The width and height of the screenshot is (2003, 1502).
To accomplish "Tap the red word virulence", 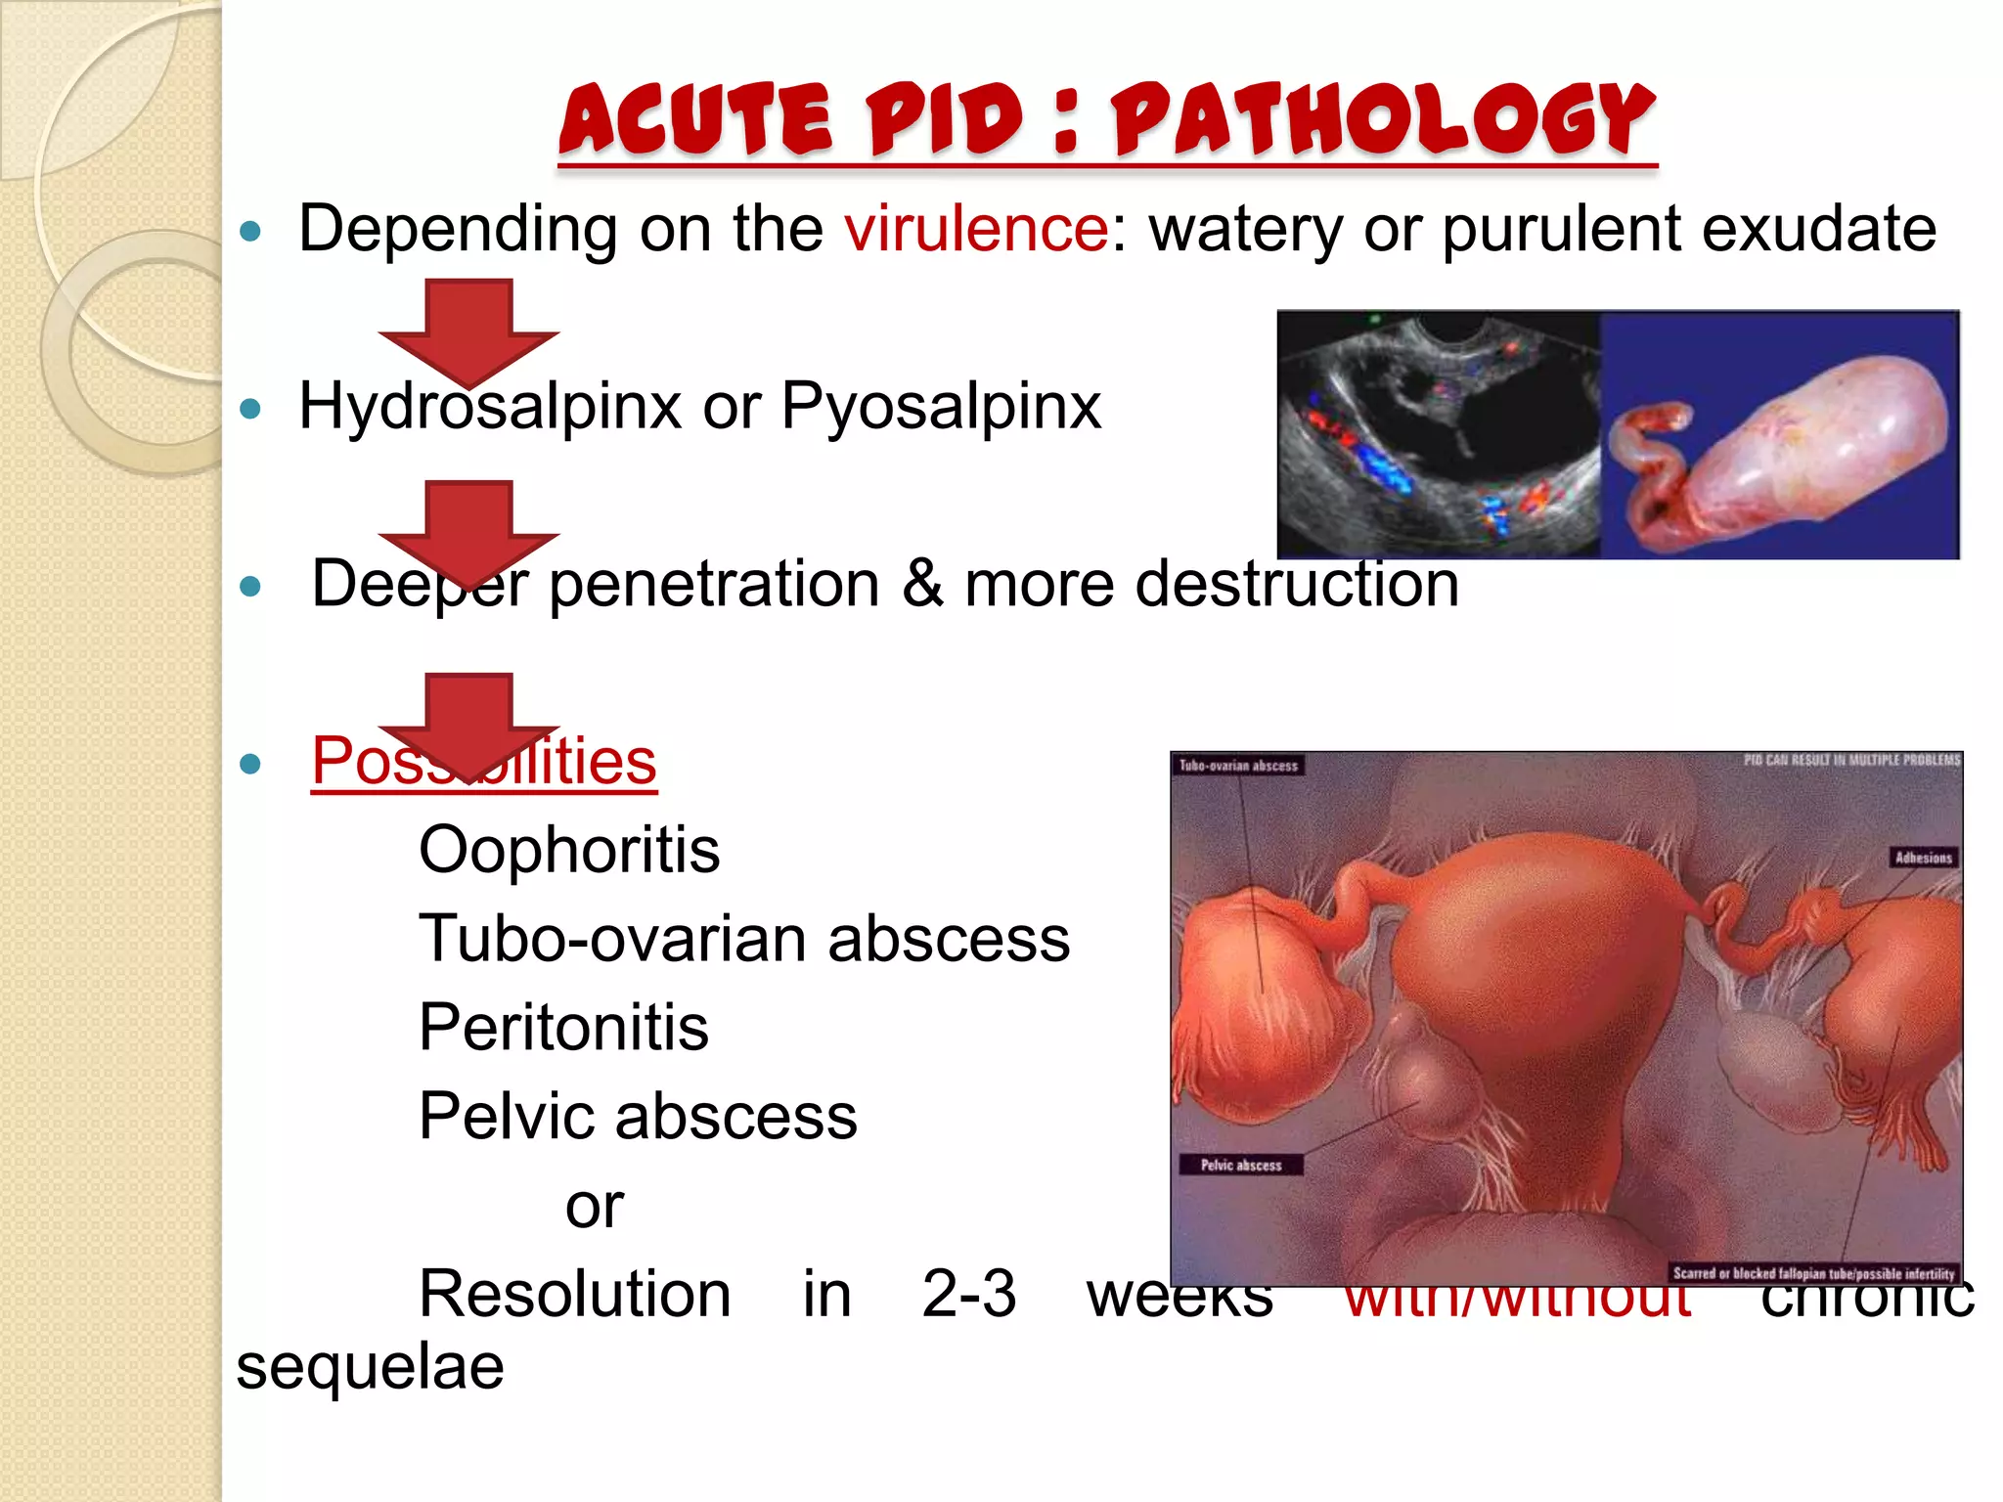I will click(x=976, y=230).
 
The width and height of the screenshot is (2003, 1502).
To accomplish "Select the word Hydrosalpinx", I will click(x=489, y=407).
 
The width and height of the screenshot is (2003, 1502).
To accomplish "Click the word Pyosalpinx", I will click(x=941, y=407).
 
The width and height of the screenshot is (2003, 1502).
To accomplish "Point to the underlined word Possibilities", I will click(x=483, y=762).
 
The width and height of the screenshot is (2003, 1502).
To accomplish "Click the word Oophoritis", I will click(x=569, y=850).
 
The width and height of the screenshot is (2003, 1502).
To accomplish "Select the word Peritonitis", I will click(x=563, y=1028).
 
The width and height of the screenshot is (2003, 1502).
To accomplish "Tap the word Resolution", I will click(x=575, y=1295).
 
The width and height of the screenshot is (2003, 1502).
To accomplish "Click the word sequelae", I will click(x=370, y=1367).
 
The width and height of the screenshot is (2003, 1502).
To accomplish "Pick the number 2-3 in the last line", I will click(x=968, y=1295).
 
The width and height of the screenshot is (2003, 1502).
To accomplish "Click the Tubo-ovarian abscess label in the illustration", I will click(x=1238, y=766).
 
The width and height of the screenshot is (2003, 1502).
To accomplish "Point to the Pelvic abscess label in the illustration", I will click(x=1240, y=1165).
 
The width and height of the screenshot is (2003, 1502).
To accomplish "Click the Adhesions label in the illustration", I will click(x=1923, y=858).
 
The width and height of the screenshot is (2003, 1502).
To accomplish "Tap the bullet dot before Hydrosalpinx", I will click(x=251, y=409).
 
